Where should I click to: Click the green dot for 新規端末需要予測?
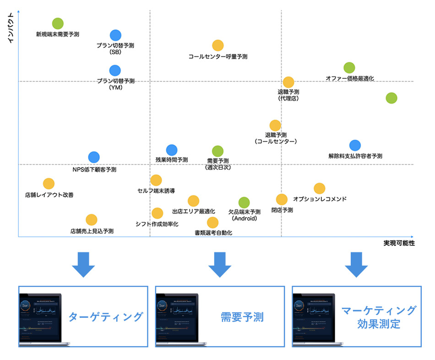pyautogui.click(x=58, y=23)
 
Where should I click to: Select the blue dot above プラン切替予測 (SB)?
pyautogui.click(x=115, y=35)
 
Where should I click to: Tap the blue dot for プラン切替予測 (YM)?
pyautogui.click(x=115, y=71)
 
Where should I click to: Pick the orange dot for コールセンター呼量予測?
pyautogui.click(x=218, y=45)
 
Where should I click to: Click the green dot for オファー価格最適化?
pyautogui.click(x=349, y=68)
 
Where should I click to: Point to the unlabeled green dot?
pyautogui.click(x=391, y=98)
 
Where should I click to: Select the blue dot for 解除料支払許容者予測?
pyautogui.click(x=355, y=145)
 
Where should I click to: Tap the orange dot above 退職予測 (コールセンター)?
pyautogui.click(x=275, y=125)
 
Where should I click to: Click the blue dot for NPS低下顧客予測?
pyautogui.click(x=94, y=157)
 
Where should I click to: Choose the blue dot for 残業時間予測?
pyautogui.click(x=172, y=149)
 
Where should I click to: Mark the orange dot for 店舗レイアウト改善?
pyautogui.click(x=49, y=184)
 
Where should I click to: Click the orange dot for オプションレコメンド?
pyautogui.click(x=319, y=188)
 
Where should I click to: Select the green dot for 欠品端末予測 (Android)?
pyautogui.click(x=244, y=202)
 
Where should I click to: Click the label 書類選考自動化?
pyautogui.click(x=213, y=233)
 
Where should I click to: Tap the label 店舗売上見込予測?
pyautogui.click(x=92, y=231)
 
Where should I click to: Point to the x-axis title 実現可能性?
pyautogui.click(x=399, y=243)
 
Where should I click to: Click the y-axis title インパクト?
pyautogui.click(x=11, y=28)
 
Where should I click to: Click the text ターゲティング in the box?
pyautogui.click(x=106, y=316)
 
